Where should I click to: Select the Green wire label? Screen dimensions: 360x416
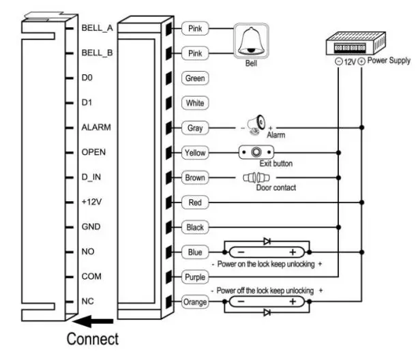click(195, 78)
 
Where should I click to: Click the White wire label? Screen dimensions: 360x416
click(195, 103)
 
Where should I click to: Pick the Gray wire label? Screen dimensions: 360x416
click(194, 127)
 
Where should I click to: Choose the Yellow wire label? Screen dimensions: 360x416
click(195, 153)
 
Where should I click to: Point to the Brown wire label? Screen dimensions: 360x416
click(195, 178)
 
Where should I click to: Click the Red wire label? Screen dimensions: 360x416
click(194, 202)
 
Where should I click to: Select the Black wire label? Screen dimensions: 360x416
click(195, 227)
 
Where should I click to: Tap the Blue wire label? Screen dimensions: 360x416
click(194, 252)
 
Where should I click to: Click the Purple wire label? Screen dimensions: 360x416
click(195, 277)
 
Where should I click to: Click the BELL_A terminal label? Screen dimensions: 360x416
click(95, 28)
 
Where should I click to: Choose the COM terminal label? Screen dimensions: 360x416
click(91, 277)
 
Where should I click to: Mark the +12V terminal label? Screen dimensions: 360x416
click(92, 202)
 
